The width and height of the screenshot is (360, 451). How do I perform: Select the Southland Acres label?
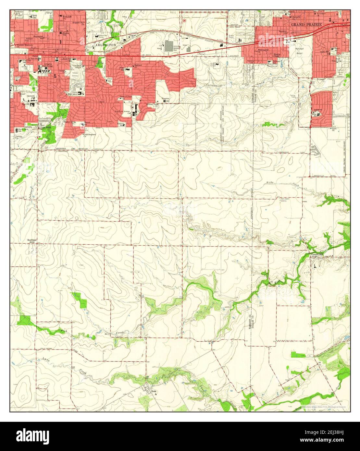pyautogui.click(x=31, y=241)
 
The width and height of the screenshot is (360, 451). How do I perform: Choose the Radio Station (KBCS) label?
pyautogui.click(x=285, y=200)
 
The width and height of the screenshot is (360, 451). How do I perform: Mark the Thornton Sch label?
pyautogui.click(x=166, y=99)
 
